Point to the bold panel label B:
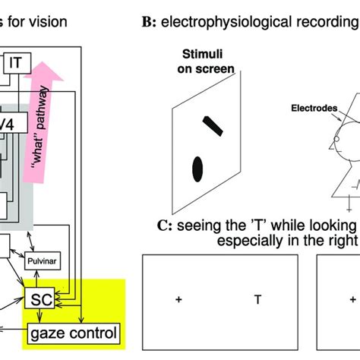click(x=147, y=21)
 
